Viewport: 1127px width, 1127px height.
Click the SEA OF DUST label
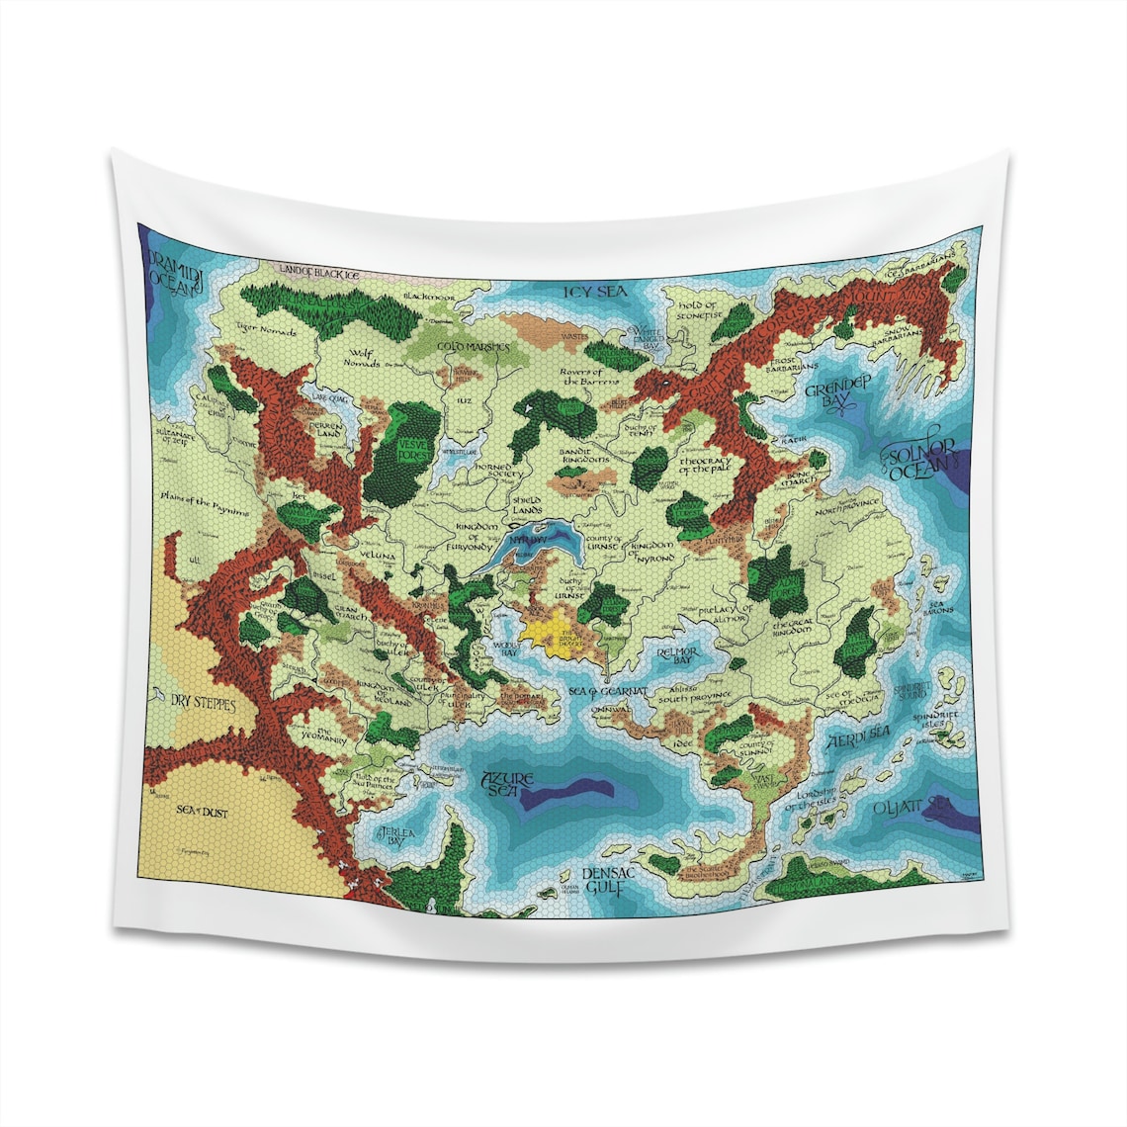pyautogui.click(x=202, y=811)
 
